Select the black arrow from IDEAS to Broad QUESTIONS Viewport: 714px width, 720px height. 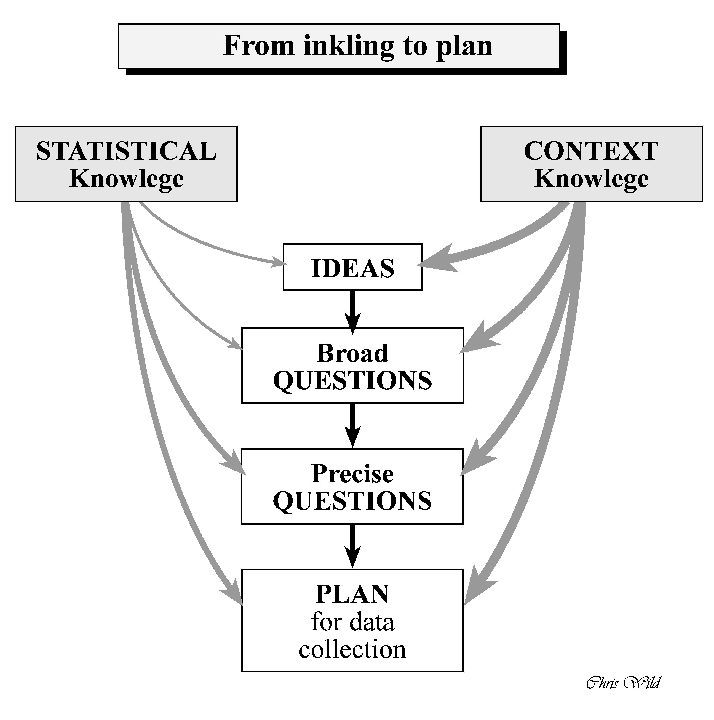click(x=352, y=311)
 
